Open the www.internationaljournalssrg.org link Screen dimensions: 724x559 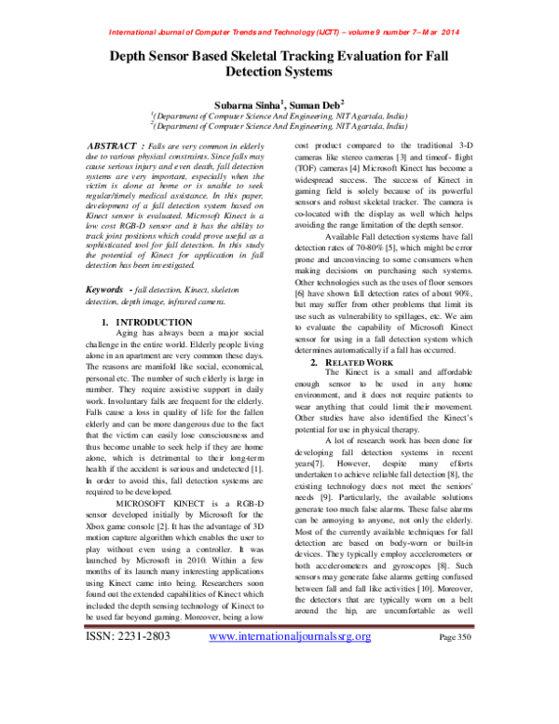pos(291,689)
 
